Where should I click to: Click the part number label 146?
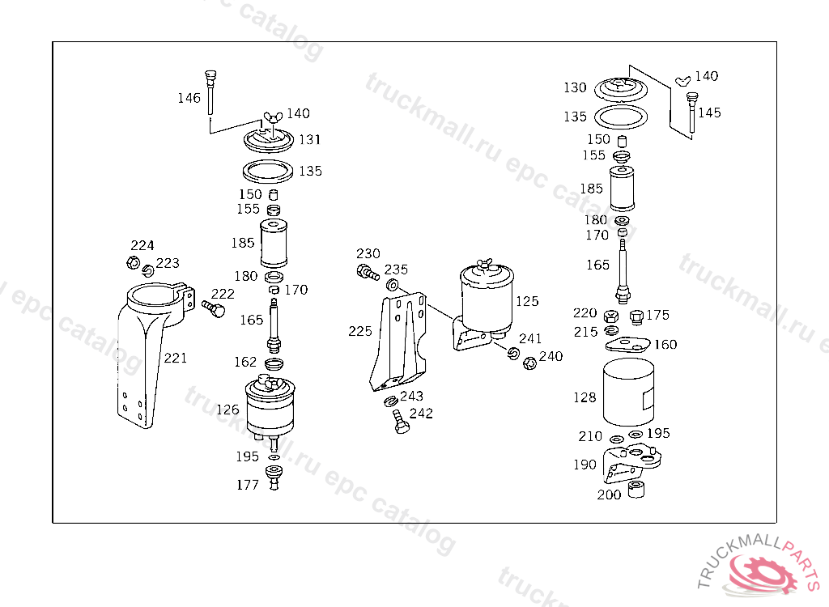pyautogui.click(x=189, y=98)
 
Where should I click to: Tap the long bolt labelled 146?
pyautogui.click(x=210, y=89)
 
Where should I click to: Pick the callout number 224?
pyautogui.click(x=142, y=245)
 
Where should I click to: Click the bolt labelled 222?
pyautogui.click(x=215, y=308)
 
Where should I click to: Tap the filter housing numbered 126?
pyautogui.click(x=272, y=405)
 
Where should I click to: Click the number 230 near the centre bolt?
pyautogui.click(x=368, y=253)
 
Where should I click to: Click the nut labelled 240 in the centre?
pyautogui.click(x=530, y=363)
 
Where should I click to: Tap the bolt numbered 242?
pyautogui.click(x=398, y=421)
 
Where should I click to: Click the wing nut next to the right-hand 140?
pyautogui.click(x=681, y=80)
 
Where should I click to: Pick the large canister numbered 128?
pyautogui.click(x=628, y=392)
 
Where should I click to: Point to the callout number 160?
pyautogui.click(x=665, y=344)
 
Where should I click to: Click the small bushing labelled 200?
pyautogui.click(x=636, y=490)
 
